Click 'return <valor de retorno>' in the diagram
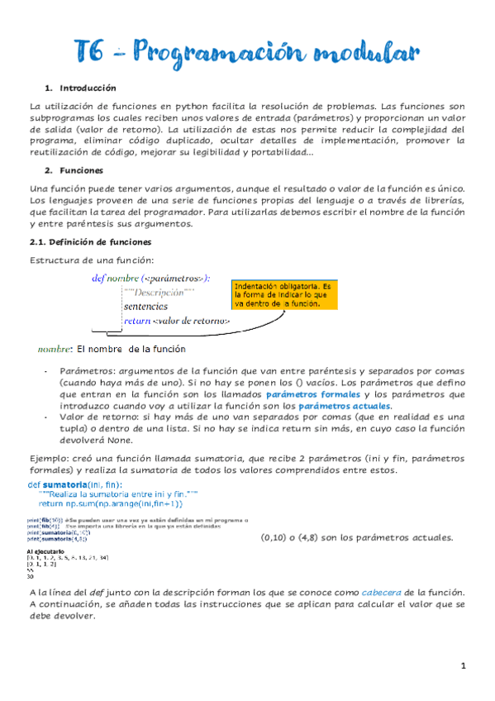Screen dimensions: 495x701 pyautogui.click(x=177, y=322)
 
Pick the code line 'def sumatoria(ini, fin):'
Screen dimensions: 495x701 pyautogui.click(x=75, y=484)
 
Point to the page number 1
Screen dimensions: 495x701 pyautogui.click(x=464, y=665)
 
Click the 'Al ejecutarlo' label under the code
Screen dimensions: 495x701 pyautogui.click(x=45, y=551)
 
